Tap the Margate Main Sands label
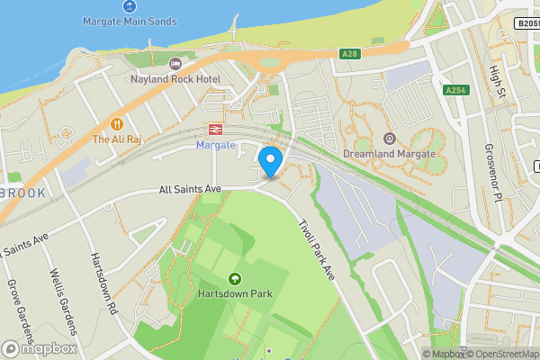pyautogui.click(x=130, y=21)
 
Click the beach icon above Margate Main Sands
pyautogui.click(x=130, y=5)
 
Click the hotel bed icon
pyautogui.click(x=175, y=64)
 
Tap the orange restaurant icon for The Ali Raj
pyautogui.click(x=116, y=123)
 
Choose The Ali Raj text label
pyautogui.click(x=116, y=139)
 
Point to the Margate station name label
pyautogui.click(x=215, y=145)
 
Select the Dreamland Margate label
pyautogui.click(x=389, y=154)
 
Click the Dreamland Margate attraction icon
pyautogui.click(x=389, y=138)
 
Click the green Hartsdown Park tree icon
pyautogui.click(x=236, y=278)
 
